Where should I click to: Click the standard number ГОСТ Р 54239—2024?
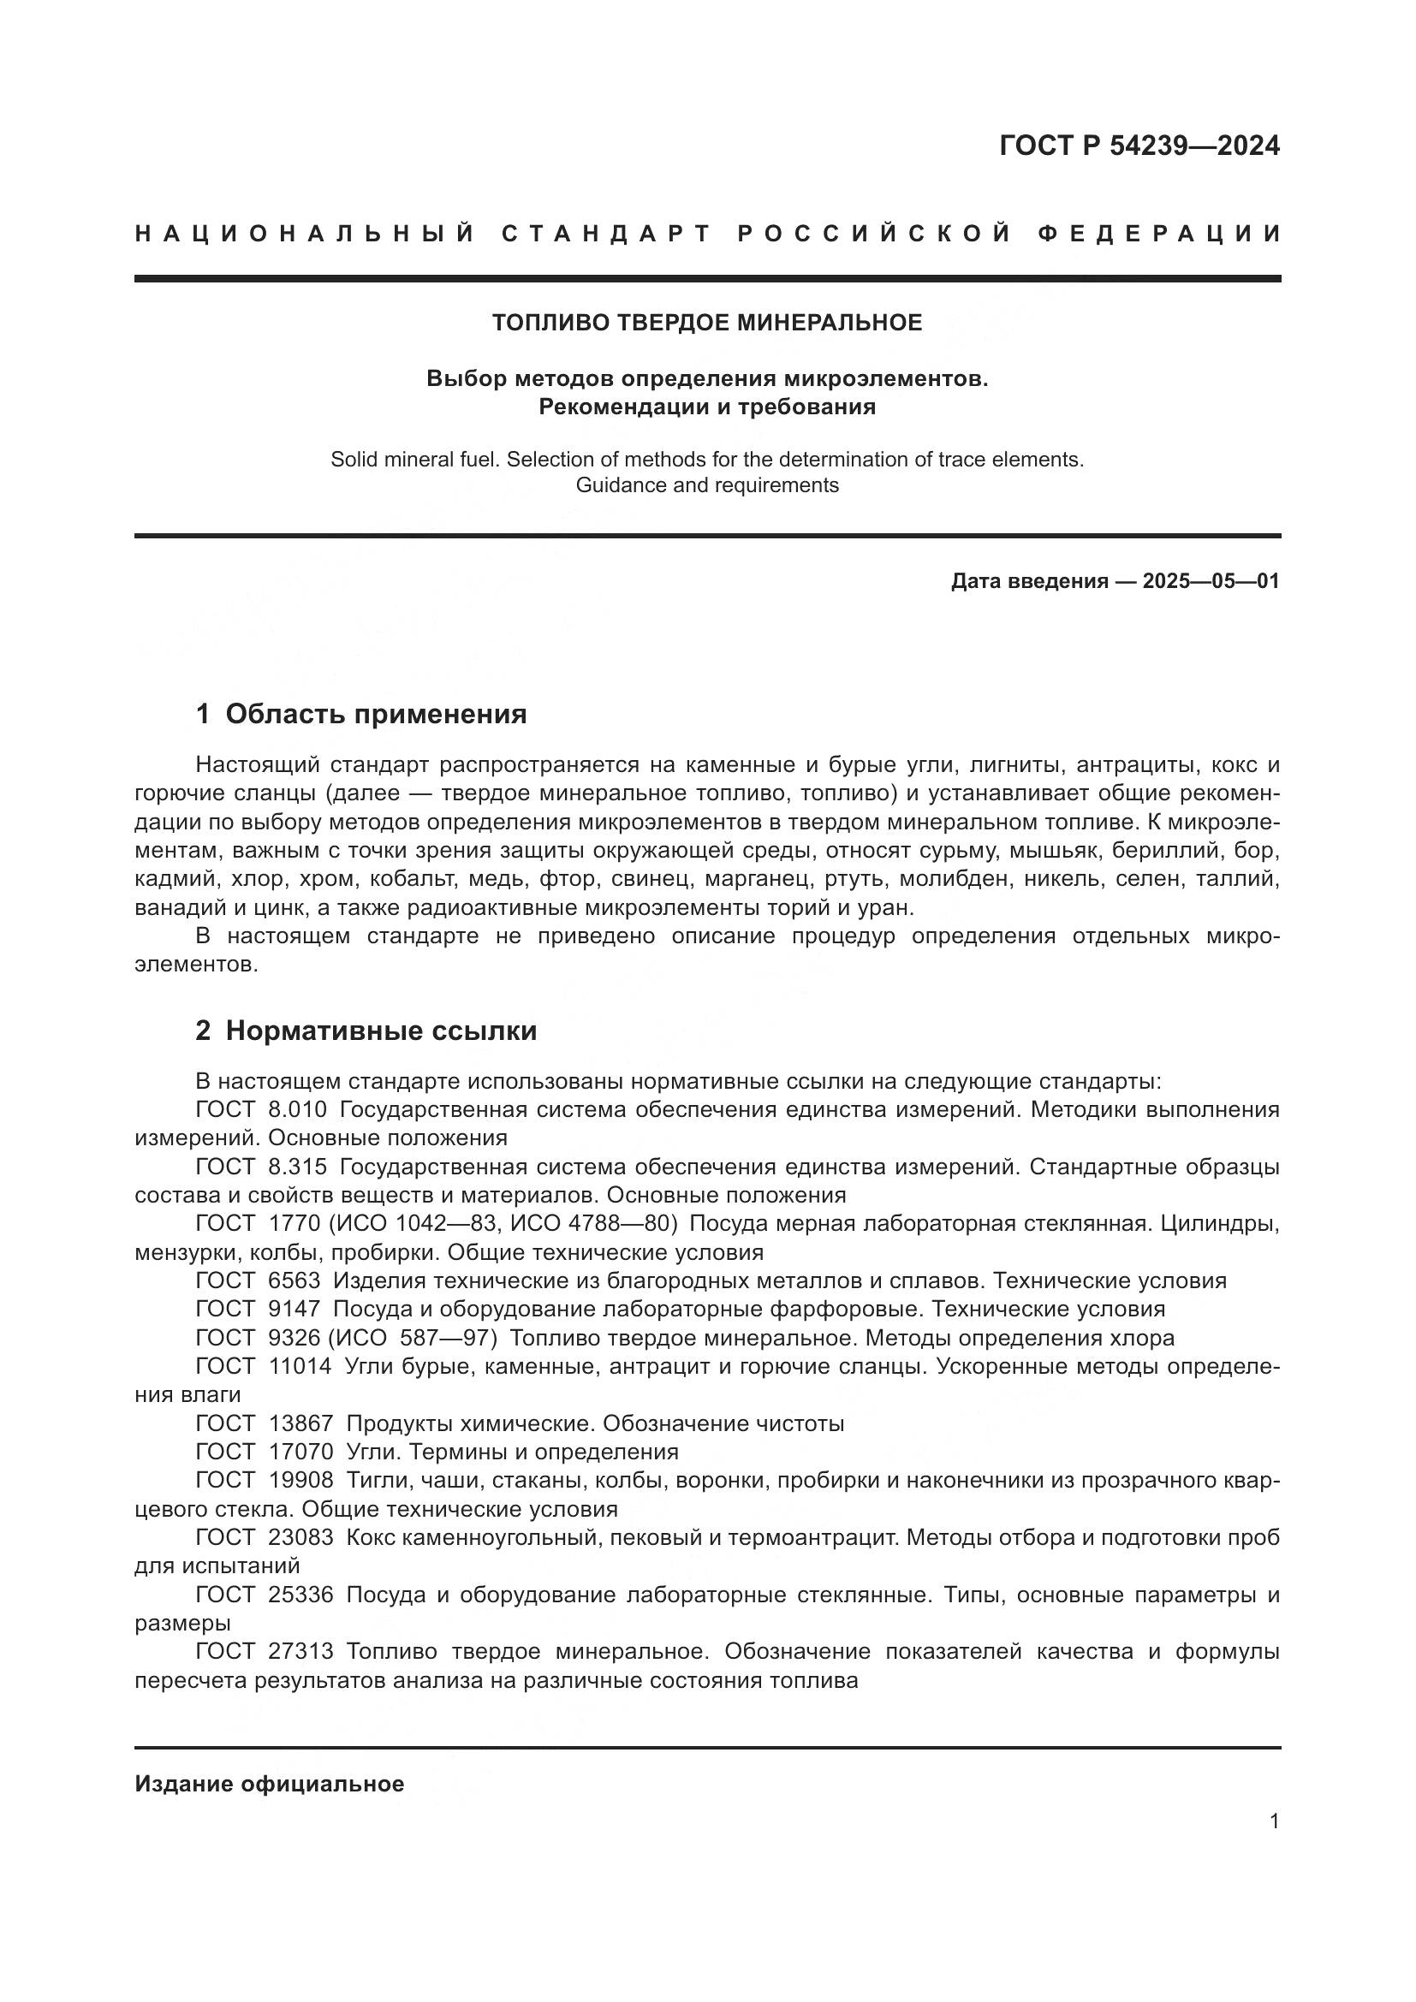tap(1139, 146)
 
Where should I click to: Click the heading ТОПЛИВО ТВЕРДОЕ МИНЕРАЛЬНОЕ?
tap(707, 323)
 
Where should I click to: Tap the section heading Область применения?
tap(376, 714)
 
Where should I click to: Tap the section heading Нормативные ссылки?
tap(381, 1031)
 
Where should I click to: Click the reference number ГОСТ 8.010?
tap(261, 1110)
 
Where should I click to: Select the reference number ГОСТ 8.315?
tap(261, 1167)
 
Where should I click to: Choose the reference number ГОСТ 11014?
tap(264, 1366)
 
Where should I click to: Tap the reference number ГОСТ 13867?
tap(265, 1423)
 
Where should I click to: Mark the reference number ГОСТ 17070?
tap(265, 1452)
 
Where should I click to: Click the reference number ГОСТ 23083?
tap(265, 1537)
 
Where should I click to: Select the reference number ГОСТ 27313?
tap(265, 1651)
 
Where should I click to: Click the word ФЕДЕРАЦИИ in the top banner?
tap(1159, 234)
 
